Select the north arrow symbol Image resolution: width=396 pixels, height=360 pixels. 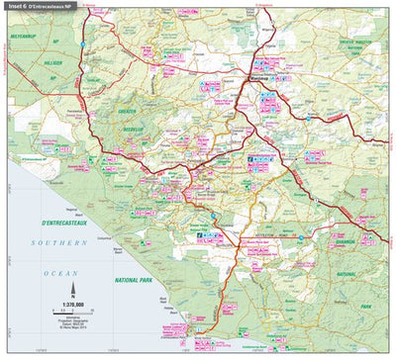click(x=67, y=278)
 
